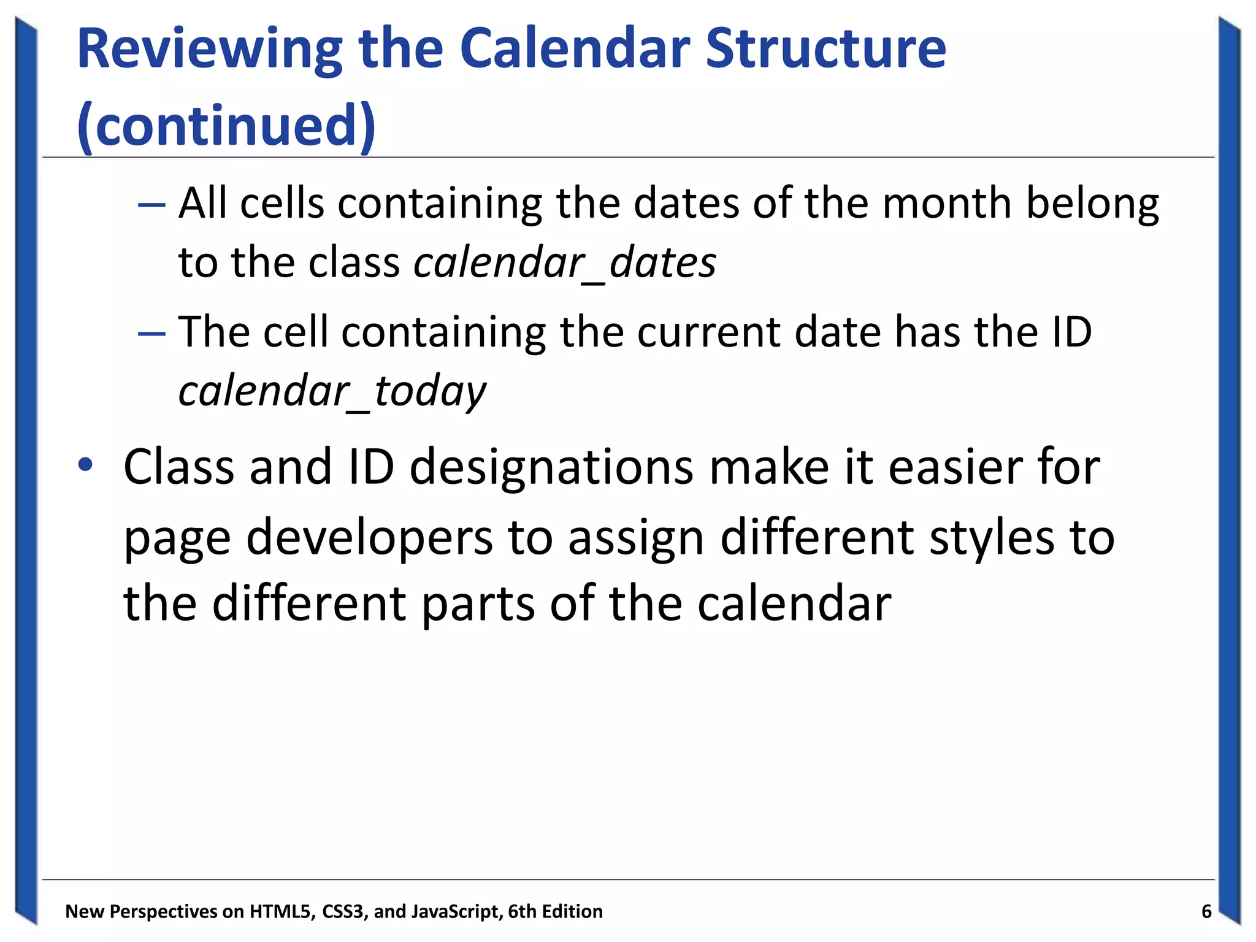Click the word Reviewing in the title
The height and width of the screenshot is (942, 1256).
click(209, 50)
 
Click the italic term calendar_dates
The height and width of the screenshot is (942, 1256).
click(564, 262)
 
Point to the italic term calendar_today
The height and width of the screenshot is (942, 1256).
click(332, 391)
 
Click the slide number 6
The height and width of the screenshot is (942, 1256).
click(1206, 911)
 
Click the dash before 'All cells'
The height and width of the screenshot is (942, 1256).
click(151, 204)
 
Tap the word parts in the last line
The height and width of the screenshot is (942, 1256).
click(478, 605)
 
